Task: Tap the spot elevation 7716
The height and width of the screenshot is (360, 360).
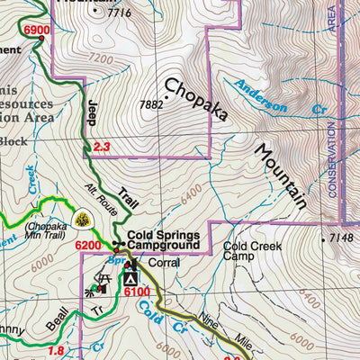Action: coord(118,13)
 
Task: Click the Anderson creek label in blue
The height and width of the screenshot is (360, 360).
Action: coord(261,96)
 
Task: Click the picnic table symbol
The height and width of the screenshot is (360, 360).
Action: coord(104,283)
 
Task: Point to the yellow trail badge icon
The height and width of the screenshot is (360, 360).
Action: coord(82,220)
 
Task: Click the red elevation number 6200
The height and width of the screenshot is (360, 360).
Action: coord(88,245)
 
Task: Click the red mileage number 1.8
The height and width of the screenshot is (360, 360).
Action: coord(56,351)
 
